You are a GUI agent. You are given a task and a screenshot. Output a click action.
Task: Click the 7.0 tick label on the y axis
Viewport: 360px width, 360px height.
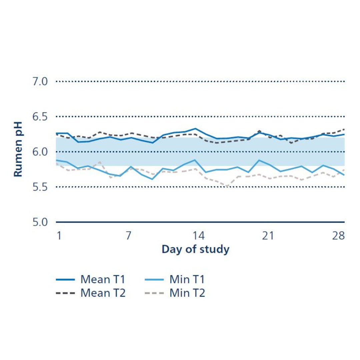coord(40,81)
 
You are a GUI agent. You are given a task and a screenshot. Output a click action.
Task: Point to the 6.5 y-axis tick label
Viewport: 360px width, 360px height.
coord(40,117)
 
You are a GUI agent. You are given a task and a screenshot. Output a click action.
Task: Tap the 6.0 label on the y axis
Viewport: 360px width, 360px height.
coord(40,152)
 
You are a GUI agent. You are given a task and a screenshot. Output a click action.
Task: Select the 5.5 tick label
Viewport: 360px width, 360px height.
coord(40,187)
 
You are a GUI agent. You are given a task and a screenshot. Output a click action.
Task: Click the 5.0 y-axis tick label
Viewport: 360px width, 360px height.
coord(40,222)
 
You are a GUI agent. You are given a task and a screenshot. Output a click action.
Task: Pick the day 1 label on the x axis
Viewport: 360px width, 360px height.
coord(59,236)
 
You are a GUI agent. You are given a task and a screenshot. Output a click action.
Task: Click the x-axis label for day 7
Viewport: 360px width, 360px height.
coord(129,236)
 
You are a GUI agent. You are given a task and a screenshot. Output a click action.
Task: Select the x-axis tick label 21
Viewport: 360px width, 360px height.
coord(268,236)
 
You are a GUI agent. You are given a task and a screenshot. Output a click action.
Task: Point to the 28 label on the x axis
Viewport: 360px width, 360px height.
coord(338,236)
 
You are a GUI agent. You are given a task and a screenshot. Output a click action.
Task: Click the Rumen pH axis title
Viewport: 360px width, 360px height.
coord(18,149)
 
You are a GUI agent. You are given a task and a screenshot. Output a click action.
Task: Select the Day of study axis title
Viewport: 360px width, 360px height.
coord(196,249)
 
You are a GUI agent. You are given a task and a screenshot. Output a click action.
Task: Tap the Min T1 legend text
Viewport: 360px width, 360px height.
coord(187,279)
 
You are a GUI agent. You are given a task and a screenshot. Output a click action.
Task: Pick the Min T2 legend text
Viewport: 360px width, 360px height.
coord(187,293)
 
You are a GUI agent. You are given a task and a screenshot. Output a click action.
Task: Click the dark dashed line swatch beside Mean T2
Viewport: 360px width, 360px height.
coord(65,293)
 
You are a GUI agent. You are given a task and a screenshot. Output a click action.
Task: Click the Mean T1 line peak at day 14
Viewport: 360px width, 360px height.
coord(195,128)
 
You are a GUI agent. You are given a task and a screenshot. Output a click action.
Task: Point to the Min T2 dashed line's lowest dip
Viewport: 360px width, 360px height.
coord(227,187)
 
